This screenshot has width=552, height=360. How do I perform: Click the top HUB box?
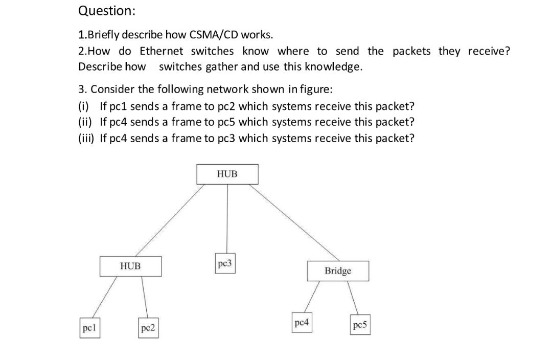tap(227, 174)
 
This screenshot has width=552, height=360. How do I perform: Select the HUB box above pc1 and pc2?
tap(130, 266)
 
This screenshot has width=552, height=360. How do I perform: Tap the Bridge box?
tap(337, 271)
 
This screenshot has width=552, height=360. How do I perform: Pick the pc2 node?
tap(149, 328)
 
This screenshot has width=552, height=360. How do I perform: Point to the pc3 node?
tap(225, 264)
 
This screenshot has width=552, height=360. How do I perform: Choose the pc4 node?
tap(302, 323)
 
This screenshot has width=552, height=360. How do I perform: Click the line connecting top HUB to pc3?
tap(227, 220)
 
